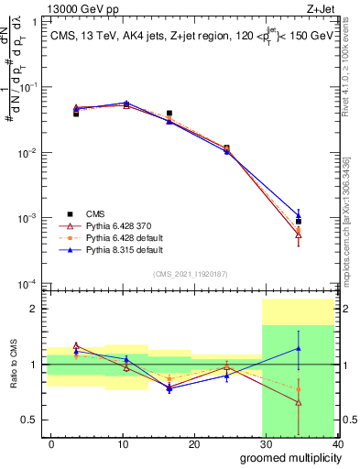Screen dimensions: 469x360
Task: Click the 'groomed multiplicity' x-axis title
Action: (x=286, y=456)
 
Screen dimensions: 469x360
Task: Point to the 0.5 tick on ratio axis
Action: (x=30, y=420)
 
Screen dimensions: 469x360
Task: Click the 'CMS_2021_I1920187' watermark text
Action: (x=191, y=273)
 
